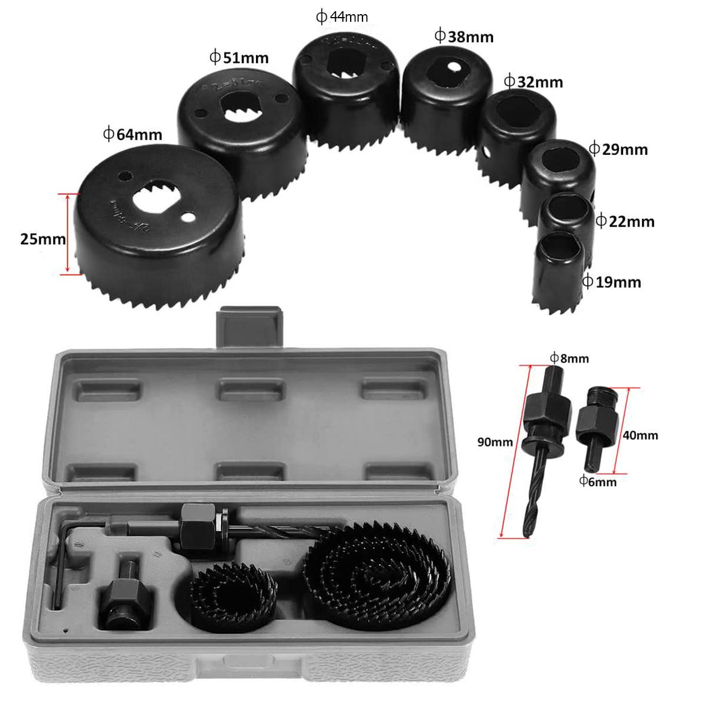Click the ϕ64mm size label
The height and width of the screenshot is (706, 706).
(132, 134)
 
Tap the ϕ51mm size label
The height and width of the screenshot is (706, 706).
(239, 58)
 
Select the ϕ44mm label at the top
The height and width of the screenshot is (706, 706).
(342, 17)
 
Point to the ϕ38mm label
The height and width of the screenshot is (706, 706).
(464, 36)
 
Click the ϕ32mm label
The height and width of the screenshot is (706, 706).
(533, 82)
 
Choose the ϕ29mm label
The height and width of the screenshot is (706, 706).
(618, 149)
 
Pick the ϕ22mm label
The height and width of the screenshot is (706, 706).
(625, 221)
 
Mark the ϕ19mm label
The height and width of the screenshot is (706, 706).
(611, 282)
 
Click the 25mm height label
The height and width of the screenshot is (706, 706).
(42, 239)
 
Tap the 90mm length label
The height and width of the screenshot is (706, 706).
(495, 442)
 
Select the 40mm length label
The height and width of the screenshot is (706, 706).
(640, 435)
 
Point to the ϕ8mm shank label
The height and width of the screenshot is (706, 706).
(569, 358)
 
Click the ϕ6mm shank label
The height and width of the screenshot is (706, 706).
(598, 482)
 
